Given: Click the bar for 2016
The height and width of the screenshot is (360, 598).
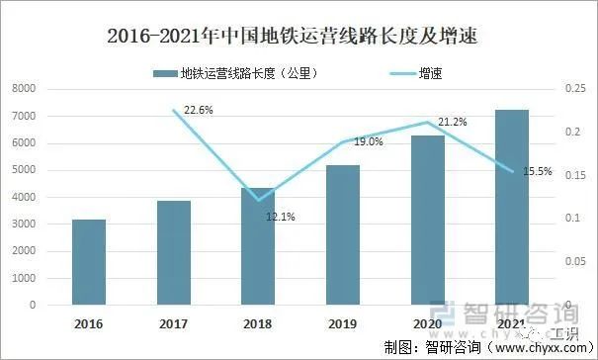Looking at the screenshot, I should pyautogui.click(x=89, y=262).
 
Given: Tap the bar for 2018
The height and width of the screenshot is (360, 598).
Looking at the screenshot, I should pyautogui.click(x=258, y=246).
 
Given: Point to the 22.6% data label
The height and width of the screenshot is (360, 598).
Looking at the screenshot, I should pyautogui.click(x=199, y=110).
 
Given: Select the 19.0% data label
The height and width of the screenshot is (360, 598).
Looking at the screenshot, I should pyautogui.click(x=369, y=142).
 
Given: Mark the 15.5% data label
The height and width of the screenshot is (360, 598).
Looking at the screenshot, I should pyautogui.click(x=539, y=172).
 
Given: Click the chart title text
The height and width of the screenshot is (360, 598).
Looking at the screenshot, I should pyautogui.click(x=299, y=38).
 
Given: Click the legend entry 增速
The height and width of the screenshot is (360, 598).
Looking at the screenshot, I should pyautogui.click(x=431, y=73).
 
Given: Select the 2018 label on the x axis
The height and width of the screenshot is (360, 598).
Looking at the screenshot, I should pyautogui.click(x=258, y=322).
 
